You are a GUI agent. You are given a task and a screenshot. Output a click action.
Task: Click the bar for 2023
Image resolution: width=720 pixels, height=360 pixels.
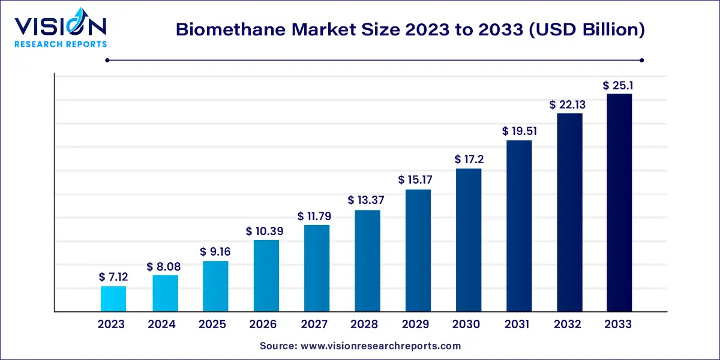pyautogui.click(x=113, y=299)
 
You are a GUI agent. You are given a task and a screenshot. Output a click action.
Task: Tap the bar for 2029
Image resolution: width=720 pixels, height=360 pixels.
pyautogui.click(x=418, y=251)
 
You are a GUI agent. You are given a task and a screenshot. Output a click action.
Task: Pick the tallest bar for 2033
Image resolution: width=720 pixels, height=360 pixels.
pyautogui.click(x=619, y=203)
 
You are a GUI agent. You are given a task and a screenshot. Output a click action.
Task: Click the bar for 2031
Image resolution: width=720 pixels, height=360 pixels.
pyautogui.click(x=519, y=226)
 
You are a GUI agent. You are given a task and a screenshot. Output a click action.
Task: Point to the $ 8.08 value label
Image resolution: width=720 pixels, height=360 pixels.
pyautogui.click(x=164, y=266)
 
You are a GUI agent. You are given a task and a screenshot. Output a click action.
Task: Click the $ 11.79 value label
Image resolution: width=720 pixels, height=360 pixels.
pyautogui.click(x=317, y=216)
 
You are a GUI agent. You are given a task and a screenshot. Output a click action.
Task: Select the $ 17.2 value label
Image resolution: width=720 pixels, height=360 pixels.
pyautogui.click(x=469, y=160)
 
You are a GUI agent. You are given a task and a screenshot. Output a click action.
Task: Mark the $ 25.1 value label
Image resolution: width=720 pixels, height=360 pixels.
pyautogui.click(x=619, y=85)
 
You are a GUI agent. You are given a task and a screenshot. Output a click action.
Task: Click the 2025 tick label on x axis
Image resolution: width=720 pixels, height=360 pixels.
pyautogui.click(x=212, y=325)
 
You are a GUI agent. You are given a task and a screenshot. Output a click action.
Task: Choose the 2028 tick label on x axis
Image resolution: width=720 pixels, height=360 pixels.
pyautogui.click(x=364, y=325)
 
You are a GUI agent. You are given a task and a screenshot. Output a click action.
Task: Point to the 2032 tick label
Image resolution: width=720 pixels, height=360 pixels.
pyautogui.click(x=568, y=325)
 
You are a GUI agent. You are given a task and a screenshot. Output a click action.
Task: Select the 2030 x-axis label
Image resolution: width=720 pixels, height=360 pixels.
pyautogui.click(x=466, y=325)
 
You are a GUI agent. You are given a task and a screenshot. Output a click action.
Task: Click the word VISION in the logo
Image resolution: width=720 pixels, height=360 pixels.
pyautogui.click(x=61, y=26)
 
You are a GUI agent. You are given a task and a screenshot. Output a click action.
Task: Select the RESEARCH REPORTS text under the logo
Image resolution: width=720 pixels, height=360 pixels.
pyautogui.click(x=61, y=44)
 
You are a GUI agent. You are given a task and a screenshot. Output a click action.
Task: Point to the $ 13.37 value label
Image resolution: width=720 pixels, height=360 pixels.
pyautogui.click(x=367, y=200)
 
